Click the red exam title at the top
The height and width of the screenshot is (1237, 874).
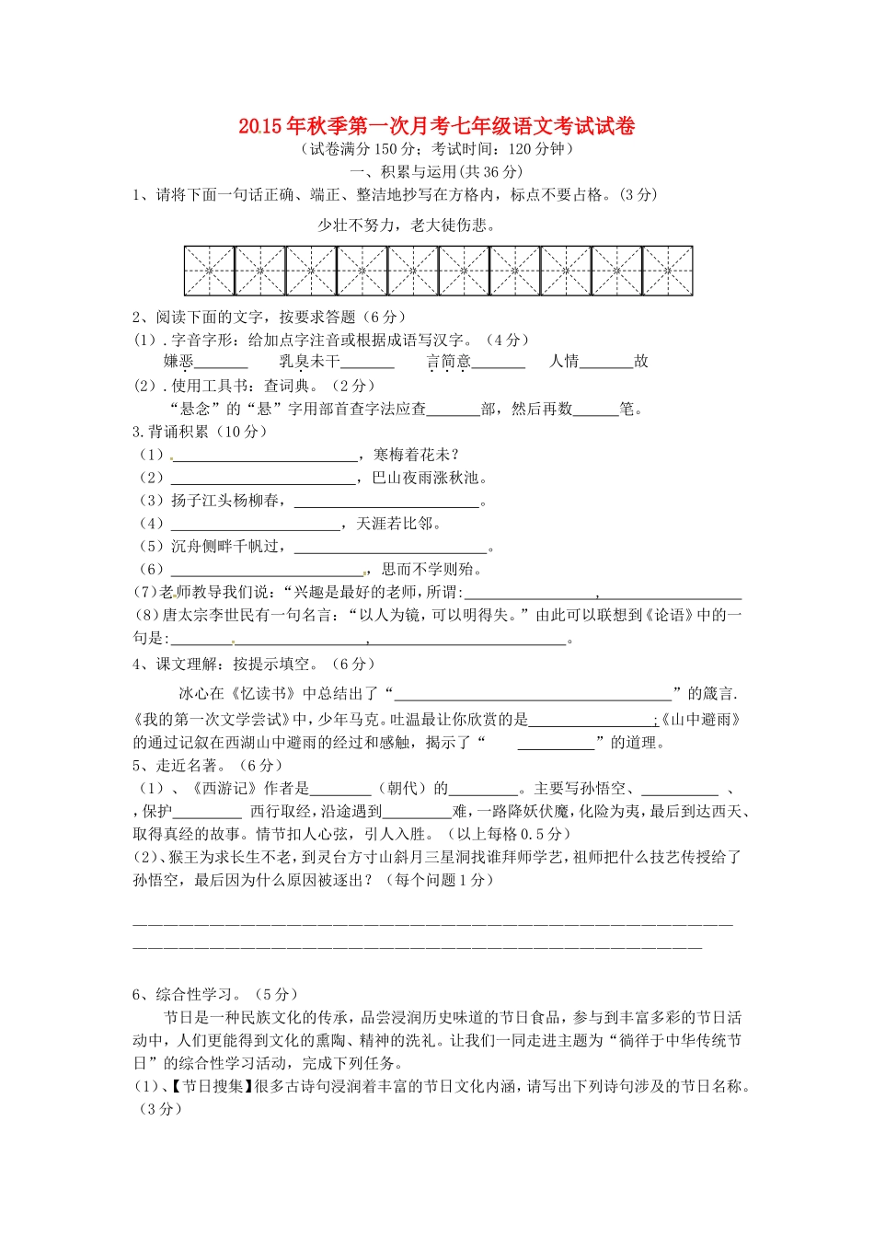(x=436, y=126)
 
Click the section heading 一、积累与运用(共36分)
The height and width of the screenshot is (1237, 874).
(x=437, y=171)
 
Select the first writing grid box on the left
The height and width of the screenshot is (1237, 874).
(x=209, y=271)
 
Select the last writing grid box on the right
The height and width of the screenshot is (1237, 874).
(x=667, y=271)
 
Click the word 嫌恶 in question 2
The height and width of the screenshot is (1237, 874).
(x=178, y=362)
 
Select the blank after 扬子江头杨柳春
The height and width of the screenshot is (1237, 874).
(x=386, y=503)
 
